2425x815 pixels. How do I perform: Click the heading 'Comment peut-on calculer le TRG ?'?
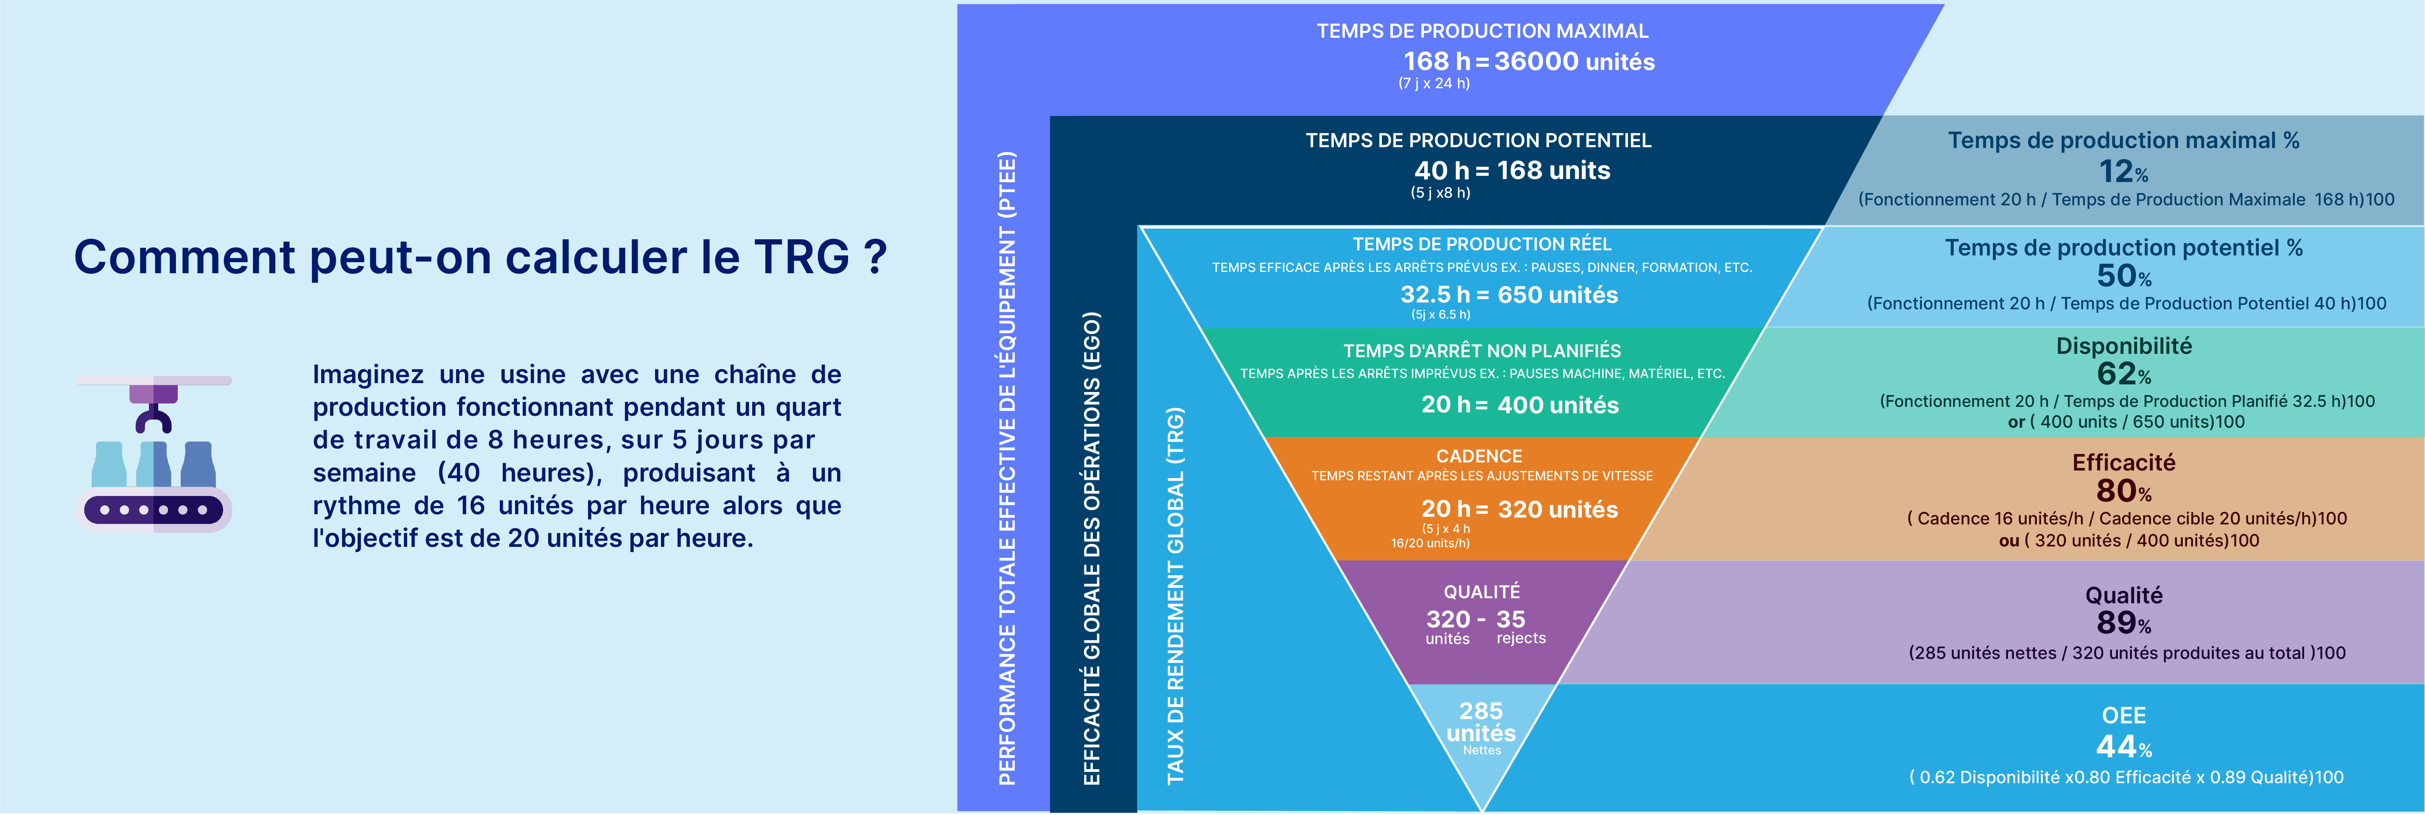tap(480, 257)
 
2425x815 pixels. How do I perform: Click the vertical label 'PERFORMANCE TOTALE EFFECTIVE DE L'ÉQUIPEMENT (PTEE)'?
tap(1007, 468)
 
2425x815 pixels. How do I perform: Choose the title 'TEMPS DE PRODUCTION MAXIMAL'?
tap(1483, 31)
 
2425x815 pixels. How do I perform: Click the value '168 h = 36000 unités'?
tap(1529, 61)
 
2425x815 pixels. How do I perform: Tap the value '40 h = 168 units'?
tap(1512, 171)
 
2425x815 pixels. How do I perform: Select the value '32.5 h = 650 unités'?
tap(1509, 294)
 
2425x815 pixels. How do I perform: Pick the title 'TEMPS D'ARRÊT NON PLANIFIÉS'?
tap(1482, 351)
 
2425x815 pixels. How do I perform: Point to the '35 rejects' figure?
tap(1521, 627)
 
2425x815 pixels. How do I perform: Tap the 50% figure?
tap(2124, 276)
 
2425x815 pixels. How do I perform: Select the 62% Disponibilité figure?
tap(2124, 374)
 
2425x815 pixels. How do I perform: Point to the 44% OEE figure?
tap(2124, 746)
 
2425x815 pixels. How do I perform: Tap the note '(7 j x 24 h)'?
tap(1434, 84)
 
